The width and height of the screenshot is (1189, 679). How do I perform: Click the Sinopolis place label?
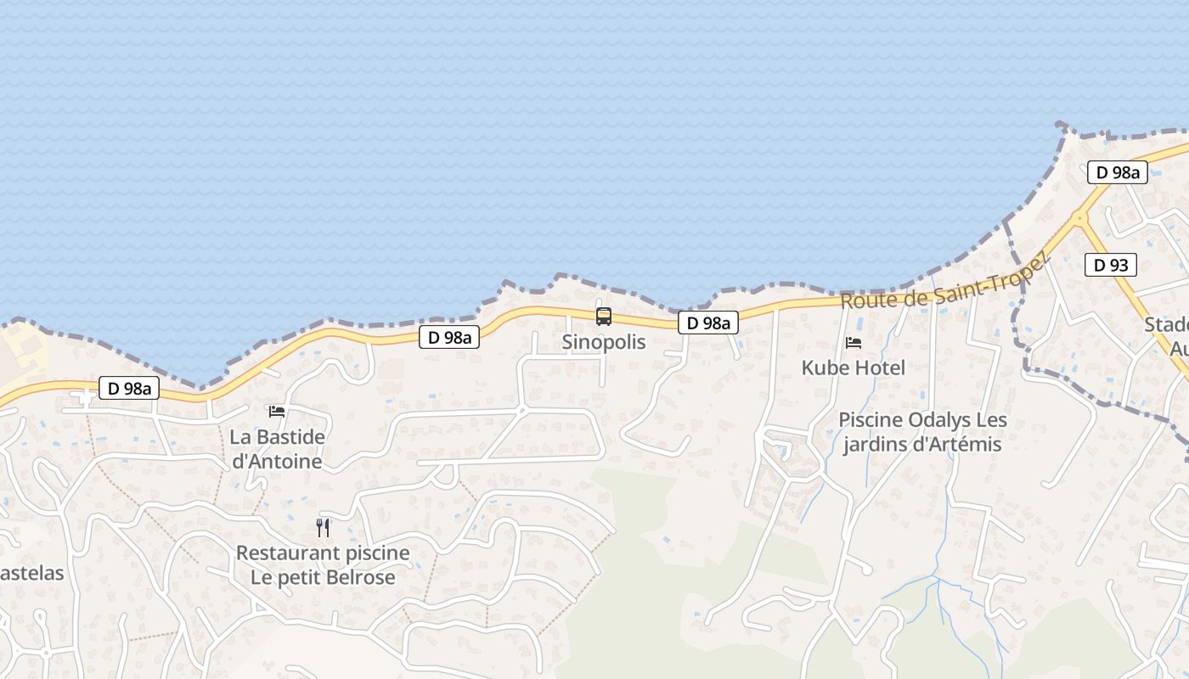(604, 342)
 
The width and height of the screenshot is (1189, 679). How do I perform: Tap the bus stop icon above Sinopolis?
(604, 317)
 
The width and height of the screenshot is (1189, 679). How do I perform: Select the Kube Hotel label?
(854, 368)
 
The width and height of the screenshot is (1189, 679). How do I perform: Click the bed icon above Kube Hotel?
(854, 342)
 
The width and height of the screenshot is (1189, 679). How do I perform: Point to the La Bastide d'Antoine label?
(277, 449)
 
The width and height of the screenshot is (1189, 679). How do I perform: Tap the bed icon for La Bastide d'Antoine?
(277, 412)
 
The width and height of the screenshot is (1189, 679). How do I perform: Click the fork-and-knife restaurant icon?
(323, 528)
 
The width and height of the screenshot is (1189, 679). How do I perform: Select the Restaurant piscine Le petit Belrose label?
(323, 565)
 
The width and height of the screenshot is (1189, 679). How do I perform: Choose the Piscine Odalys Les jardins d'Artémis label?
(922, 432)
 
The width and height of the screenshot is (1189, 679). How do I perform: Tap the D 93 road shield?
(1111, 266)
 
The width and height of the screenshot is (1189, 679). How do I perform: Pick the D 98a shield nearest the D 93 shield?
(1118, 172)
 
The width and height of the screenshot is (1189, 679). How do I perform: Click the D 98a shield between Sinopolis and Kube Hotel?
(707, 323)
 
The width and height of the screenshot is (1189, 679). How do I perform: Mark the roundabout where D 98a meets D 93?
(1079, 218)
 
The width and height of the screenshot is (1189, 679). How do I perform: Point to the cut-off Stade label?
(1168, 336)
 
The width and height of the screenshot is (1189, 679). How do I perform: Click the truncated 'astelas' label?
(31, 573)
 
